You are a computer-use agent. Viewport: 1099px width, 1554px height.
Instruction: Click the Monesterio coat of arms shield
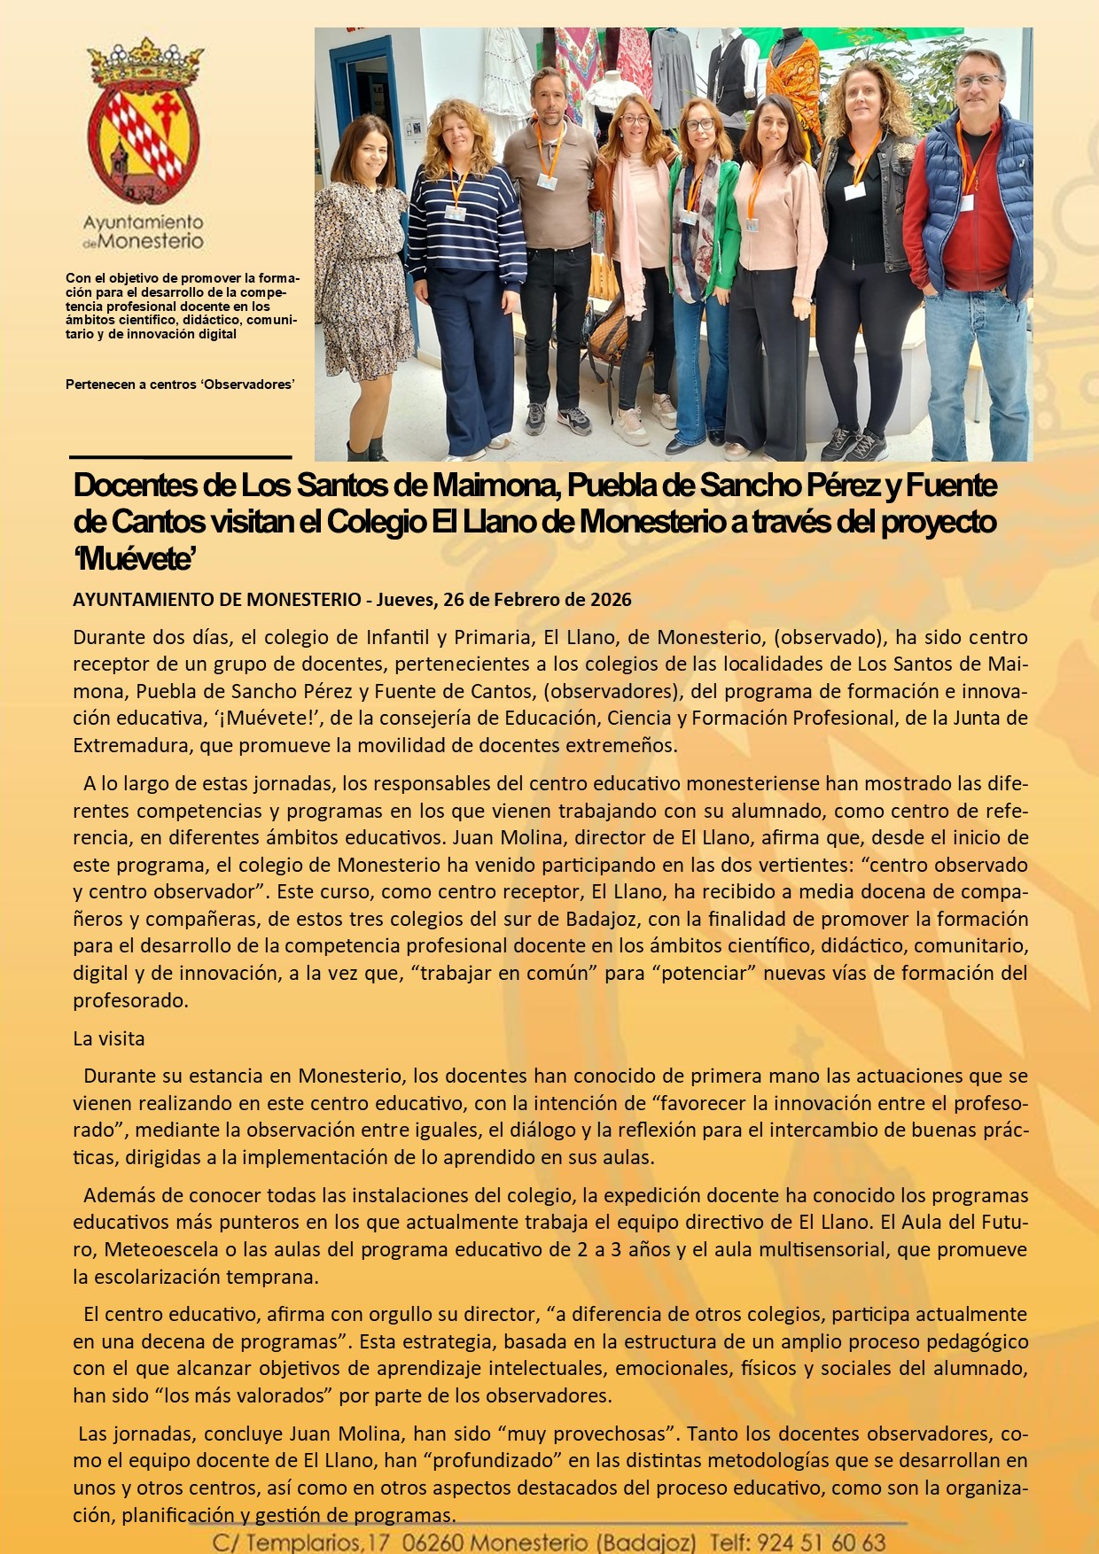pyautogui.click(x=143, y=142)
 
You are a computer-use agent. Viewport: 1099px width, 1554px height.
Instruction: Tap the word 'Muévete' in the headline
pyautogui.click(x=135, y=560)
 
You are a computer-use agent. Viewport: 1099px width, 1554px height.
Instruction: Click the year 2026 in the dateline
pyautogui.click(x=611, y=600)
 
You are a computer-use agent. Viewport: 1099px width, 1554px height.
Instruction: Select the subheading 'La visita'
pyautogui.click(x=108, y=1038)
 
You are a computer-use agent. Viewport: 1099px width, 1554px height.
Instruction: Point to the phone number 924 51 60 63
pyautogui.click(x=822, y=1542)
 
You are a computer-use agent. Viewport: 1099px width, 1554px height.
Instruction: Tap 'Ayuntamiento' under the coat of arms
pyautogui.click(x=143, y=222)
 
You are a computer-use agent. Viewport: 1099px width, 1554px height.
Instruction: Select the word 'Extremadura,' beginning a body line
pyautogui.click(x=133, y=745)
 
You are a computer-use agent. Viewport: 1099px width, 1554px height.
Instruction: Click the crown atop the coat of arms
pyautogui.click(x=144, y=62)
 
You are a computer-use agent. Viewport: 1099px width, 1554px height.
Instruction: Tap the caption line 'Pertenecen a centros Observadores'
pyautogui.click(x=180, y=385)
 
